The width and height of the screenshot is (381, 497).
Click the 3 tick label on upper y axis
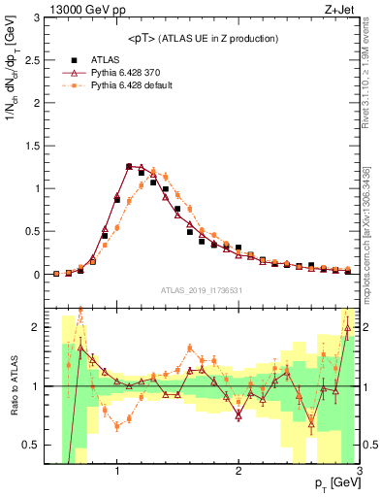37,17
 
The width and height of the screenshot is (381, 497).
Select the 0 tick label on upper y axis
37,275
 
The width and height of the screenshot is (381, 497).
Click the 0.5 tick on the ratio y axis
31,445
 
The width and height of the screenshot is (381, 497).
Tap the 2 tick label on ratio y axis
37,327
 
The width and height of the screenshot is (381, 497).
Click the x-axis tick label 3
359,471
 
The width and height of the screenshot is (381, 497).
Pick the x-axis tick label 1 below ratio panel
117,471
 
